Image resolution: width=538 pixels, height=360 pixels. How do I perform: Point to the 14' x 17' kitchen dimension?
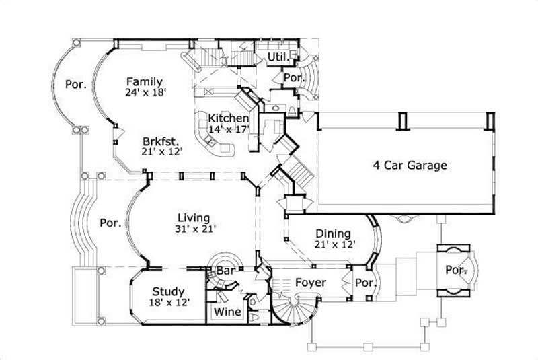tap(229, 128)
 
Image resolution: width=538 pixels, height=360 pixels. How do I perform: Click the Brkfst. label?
tap(160, 141)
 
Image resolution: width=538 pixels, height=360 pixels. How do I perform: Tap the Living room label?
tap(194, 217)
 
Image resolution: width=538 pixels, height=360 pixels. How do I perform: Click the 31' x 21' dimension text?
tap(194, 229)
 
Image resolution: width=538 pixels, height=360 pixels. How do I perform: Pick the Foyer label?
tap(311, 283)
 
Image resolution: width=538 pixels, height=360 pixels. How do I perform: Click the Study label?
tap(167, 291)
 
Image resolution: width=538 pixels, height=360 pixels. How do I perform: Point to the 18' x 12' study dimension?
tap(168, 303)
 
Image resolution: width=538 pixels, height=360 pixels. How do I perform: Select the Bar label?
tap(224, 271)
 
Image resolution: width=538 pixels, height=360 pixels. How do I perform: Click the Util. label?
tap(276, 58)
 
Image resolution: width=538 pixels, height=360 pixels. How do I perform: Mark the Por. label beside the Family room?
tap(74, 85)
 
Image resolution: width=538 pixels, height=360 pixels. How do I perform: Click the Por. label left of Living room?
tap(109, 222)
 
